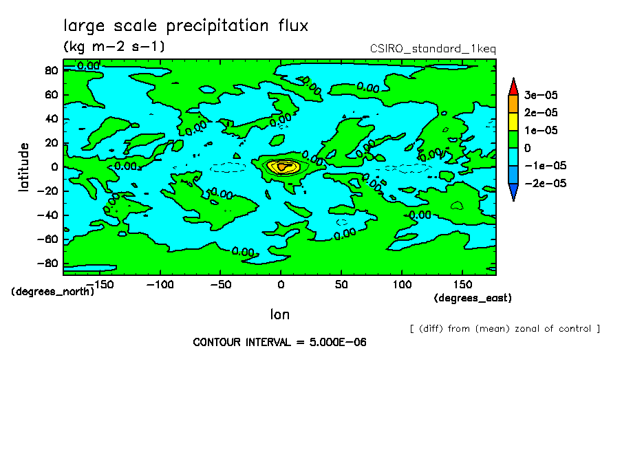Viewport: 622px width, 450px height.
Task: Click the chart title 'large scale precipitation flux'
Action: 186,26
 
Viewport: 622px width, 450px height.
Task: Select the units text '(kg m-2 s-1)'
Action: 114,47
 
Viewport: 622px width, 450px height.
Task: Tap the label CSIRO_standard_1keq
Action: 433,48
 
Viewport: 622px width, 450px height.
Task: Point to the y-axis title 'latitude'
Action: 24,167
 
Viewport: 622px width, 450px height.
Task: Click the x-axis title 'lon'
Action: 279,314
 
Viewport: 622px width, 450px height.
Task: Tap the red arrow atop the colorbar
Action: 513,86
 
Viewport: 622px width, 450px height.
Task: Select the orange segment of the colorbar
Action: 513,103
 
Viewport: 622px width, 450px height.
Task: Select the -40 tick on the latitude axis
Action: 47,215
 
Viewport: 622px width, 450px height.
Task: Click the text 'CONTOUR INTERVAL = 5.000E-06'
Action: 279,343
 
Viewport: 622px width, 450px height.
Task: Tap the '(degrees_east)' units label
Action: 473,298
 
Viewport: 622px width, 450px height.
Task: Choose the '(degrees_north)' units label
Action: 53,292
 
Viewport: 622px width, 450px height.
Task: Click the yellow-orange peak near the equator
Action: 281,167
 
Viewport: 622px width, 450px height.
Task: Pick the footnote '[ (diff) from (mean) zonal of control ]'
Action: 504,329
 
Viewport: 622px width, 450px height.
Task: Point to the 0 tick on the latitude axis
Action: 54,167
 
